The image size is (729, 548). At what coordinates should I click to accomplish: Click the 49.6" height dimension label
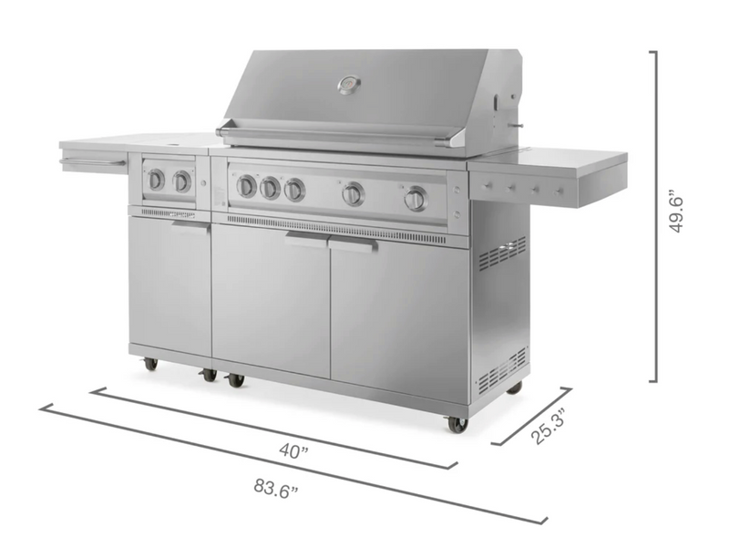676,212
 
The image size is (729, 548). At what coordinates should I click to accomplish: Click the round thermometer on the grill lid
349,85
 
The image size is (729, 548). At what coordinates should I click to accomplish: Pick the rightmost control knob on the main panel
416,198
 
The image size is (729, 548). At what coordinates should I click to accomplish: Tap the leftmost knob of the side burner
157,180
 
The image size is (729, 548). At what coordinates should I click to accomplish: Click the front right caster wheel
456,424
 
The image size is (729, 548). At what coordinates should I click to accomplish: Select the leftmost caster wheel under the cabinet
149,364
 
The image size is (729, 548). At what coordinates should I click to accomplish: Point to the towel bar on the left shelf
92,163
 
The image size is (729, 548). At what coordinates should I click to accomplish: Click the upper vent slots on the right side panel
502,254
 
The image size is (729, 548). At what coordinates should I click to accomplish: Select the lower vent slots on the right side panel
502,368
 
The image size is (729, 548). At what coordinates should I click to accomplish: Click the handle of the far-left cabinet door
191,226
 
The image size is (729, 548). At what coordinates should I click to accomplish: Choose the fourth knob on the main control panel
354,193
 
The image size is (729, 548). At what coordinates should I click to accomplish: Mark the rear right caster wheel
515,388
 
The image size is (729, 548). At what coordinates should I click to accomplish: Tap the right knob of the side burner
182,181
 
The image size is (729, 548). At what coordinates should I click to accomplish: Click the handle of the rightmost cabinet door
354,244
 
